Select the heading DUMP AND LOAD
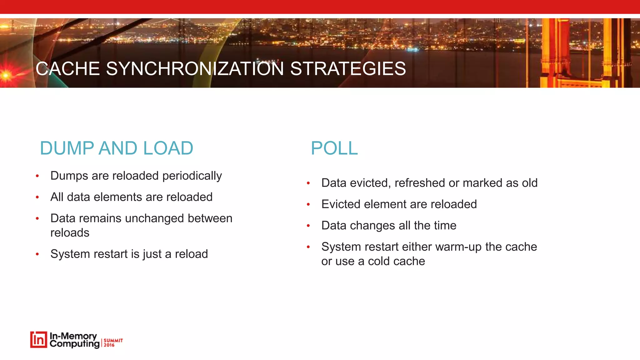(117, 148)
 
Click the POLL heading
(334, 148)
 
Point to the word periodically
(192, 176)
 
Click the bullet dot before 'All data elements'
(37, 197)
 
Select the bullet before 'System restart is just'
(37, 254)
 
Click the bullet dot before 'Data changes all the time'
(308, 226)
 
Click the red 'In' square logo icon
(38, 340)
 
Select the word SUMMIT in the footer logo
(113, 340)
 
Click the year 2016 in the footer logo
(109, 345)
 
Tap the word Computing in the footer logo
(74, 344)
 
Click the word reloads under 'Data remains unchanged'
(70, 233)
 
